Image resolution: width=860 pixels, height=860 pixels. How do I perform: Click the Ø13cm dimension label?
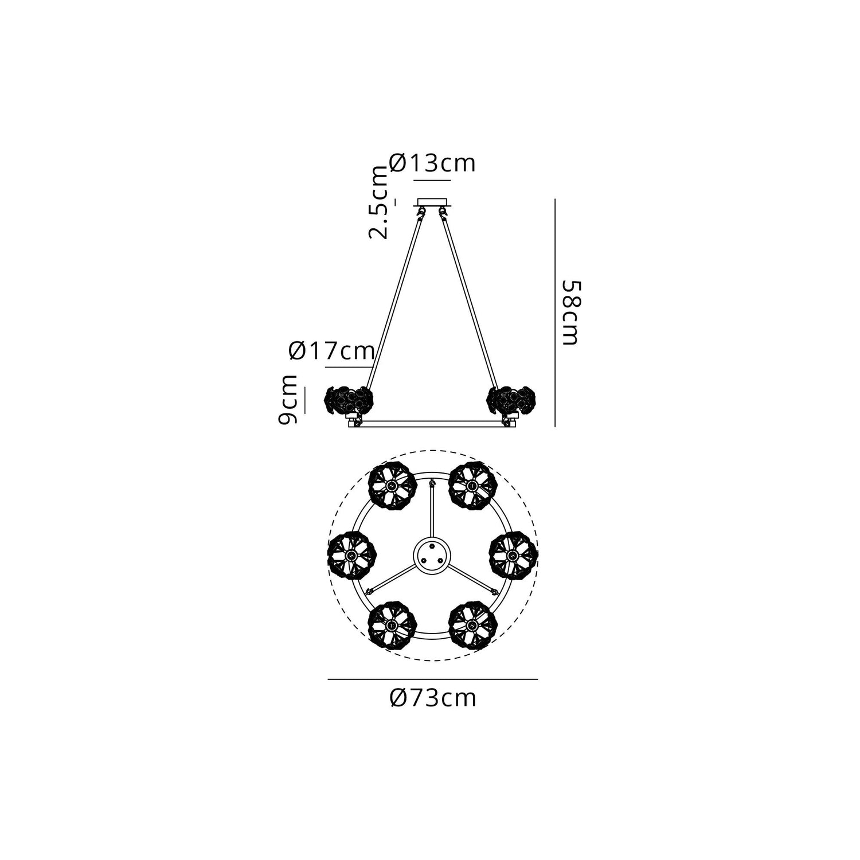click(432, 163)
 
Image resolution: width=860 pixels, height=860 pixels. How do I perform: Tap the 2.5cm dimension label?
click(378, 202)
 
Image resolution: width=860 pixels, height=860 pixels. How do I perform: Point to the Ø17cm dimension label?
click(332, 350)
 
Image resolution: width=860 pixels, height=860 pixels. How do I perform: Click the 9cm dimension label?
click(288, 400)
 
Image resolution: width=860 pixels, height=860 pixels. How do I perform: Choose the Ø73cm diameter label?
click(432, 698)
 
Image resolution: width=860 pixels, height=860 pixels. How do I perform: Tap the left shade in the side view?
click(349, 401)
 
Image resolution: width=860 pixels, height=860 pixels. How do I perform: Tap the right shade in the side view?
click(510, 401)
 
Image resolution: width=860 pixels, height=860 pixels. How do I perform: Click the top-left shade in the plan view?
click(392, 486)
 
